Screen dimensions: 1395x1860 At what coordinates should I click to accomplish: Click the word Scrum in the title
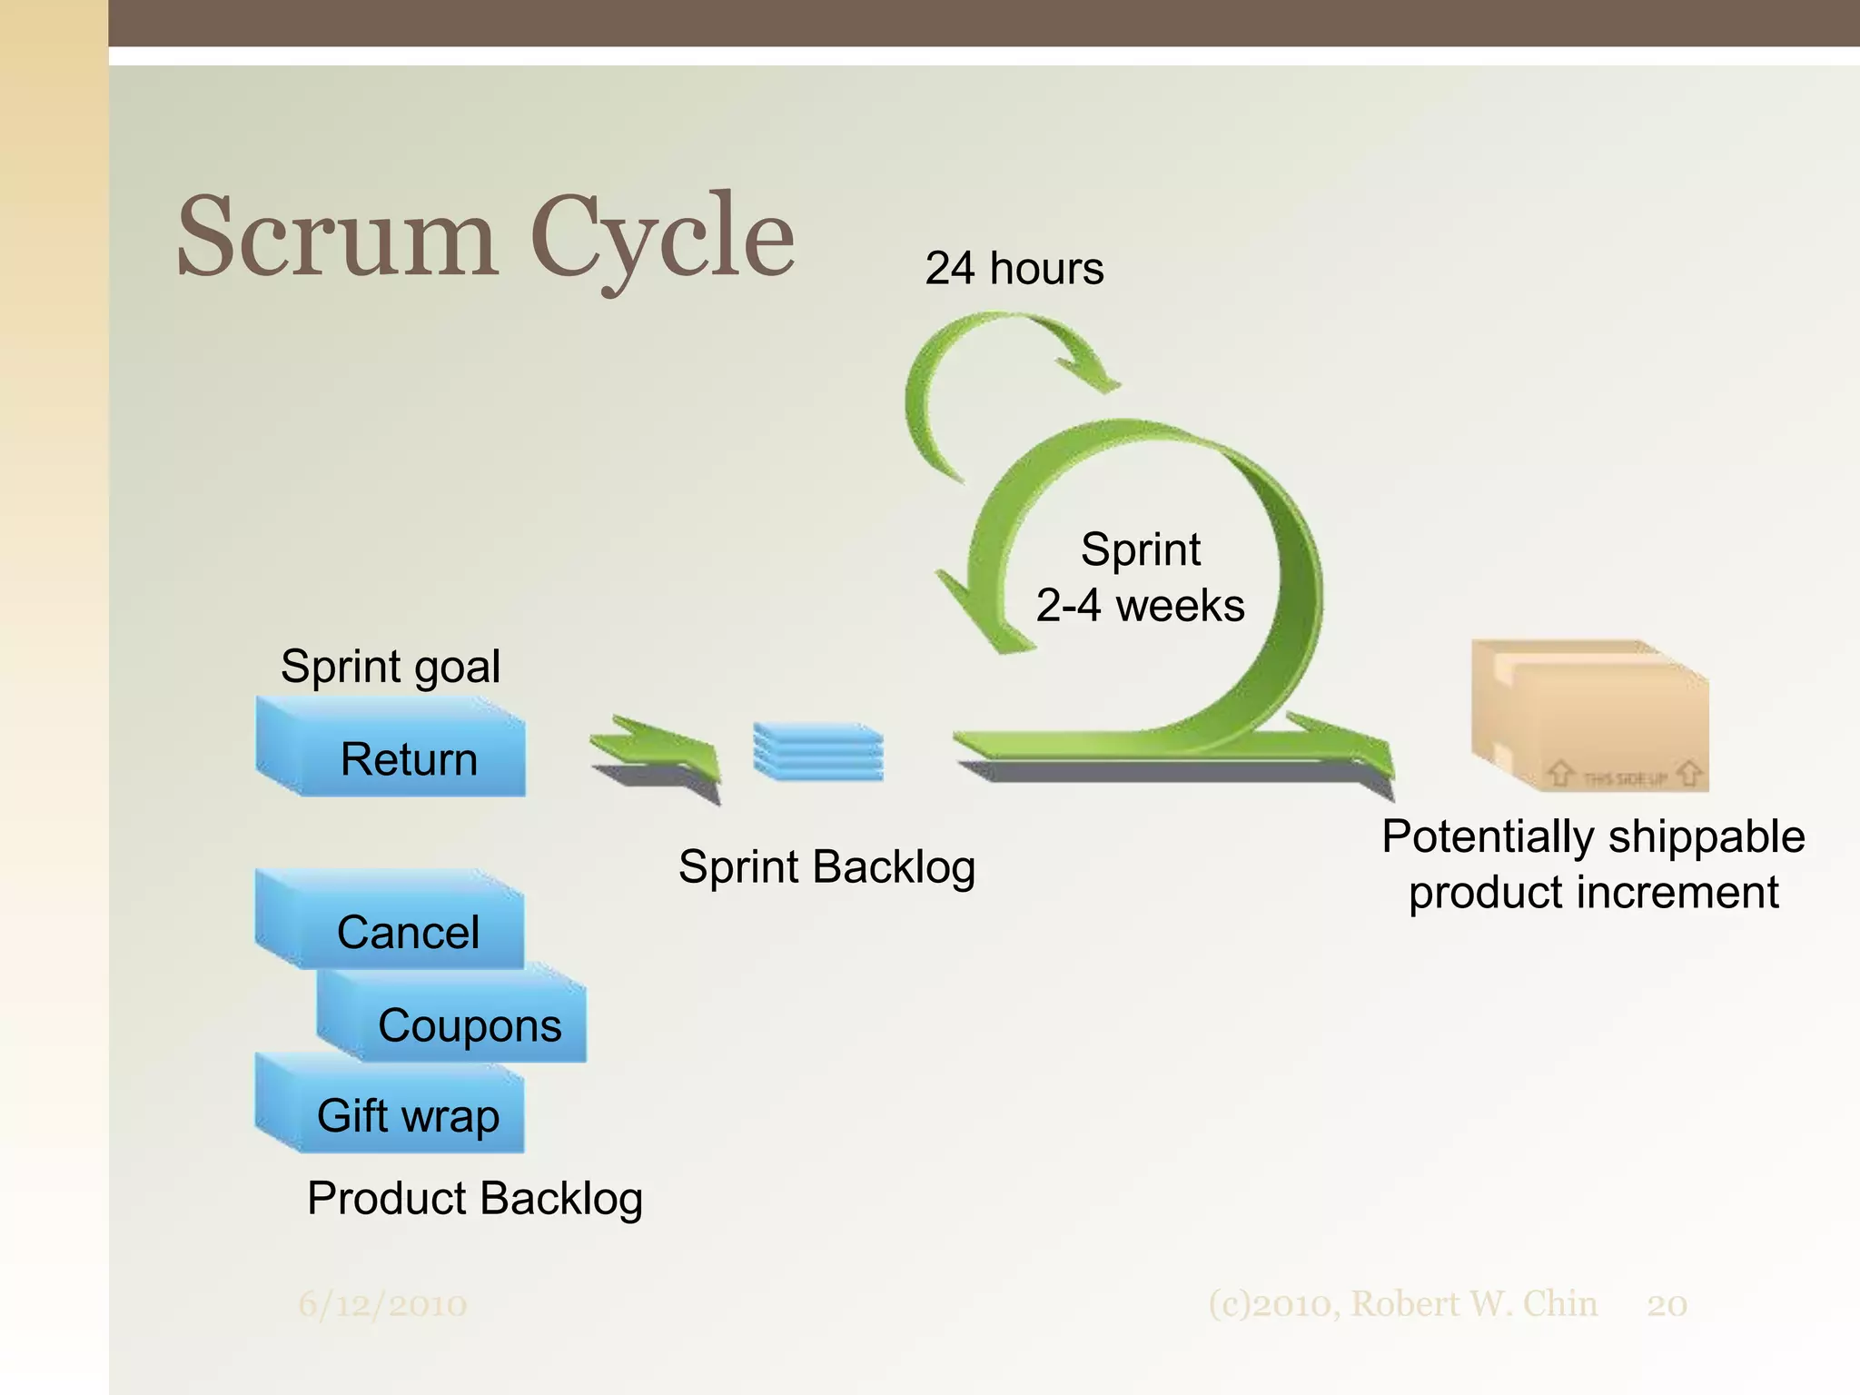click(x=336, y=238)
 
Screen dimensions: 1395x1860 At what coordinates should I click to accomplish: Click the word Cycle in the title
click(x=663, y=238)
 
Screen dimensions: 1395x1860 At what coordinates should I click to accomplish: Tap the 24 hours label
click(x=1014, y=269)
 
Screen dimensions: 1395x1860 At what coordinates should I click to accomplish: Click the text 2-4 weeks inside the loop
click(x=1140, y=606)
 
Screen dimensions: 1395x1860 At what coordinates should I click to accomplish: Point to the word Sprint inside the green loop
click(x=1141, y=549)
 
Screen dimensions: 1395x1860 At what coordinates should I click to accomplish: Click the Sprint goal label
click(x=391, y=667)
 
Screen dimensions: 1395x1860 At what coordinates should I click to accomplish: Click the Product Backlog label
click(x=475, y=1198)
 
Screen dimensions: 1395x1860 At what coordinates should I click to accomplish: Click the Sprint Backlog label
click(x=826, y=866)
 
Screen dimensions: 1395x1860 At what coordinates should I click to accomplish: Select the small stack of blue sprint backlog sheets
click(x=818, y=751)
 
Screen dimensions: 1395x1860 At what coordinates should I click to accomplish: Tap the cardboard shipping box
click(x=1589, y=717)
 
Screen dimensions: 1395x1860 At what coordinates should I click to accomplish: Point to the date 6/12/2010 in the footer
click(x=382, y=1305)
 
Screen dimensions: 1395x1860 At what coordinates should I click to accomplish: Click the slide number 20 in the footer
click(x=1667, y=1305)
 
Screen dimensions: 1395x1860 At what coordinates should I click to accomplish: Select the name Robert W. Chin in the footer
click(x=1473, y=1304)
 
